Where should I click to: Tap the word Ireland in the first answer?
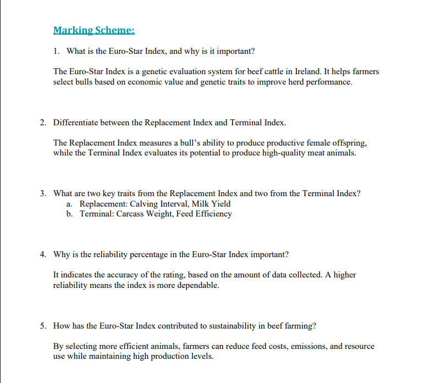305,72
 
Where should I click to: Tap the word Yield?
219,204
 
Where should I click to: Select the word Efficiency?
213,214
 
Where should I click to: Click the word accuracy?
130,275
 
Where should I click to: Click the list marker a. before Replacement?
69,204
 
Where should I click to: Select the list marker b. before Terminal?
69,214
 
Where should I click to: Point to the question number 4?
42,254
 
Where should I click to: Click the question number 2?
42,121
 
